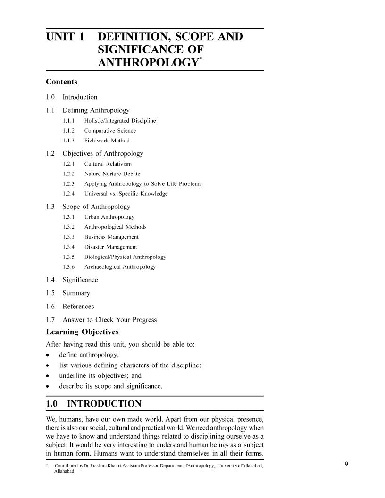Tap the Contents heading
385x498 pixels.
point(62,82)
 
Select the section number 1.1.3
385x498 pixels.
point(68,141)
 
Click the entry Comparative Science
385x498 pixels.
point(110,131)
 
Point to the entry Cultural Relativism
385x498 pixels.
point(108,164)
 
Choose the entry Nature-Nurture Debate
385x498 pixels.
point(112,174)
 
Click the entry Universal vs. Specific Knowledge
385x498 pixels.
point(126,193)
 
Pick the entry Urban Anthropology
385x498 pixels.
point(109,217)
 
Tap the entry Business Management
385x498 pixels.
point(111,237)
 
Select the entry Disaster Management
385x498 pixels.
point(110,247)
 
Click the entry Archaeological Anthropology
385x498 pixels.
point(120,266)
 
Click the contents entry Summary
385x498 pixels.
point(76,293)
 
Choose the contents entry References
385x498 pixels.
point(78,306)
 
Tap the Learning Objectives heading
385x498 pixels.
point(82,332)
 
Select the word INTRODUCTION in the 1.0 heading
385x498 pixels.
point(104,404)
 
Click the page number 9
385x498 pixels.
point(346,465)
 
